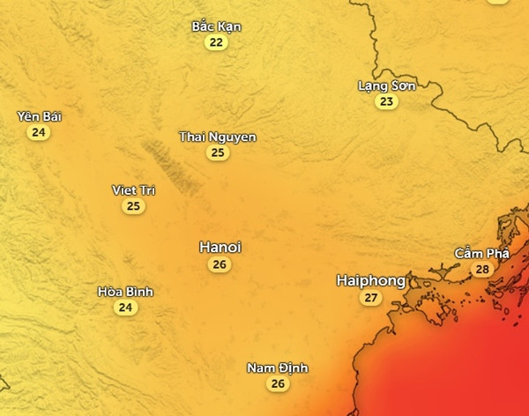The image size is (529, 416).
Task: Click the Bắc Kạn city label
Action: [216, 26]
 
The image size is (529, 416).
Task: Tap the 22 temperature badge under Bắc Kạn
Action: [216, 42]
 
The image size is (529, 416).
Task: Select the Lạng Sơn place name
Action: [386, 85]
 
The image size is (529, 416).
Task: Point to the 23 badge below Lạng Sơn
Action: [386, 101]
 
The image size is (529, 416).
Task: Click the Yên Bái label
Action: [40, 116]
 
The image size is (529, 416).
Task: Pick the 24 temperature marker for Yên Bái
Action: [38, 132]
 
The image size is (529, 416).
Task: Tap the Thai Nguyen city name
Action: [217, 137]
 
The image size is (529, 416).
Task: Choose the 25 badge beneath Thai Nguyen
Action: [217, 152]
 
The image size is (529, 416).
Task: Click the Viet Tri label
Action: [134, 190]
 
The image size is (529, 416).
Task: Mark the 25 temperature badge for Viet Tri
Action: [133, 206]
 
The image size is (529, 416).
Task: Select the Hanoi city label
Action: [220, 247]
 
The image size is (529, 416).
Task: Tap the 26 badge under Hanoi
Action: [220, 264]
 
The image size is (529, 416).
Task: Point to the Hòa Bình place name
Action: [126, 292]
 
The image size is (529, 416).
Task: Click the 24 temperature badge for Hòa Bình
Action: [126, 308]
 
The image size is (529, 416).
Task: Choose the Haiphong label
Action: [371, 281]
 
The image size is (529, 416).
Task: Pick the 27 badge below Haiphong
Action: [370, 299]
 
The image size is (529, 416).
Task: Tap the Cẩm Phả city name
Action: [481, 254]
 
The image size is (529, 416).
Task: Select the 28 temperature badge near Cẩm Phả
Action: [481, 270]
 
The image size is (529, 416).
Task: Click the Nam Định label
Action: [278, 368]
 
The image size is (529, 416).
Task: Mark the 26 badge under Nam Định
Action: [278, 383]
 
